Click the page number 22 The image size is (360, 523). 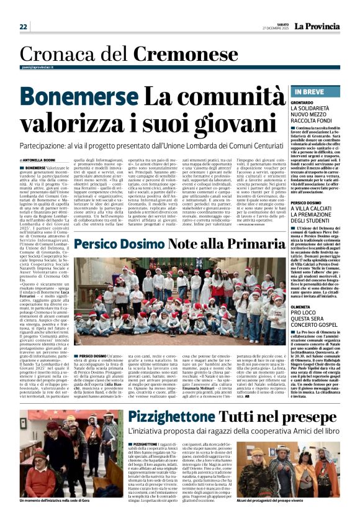24,27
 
